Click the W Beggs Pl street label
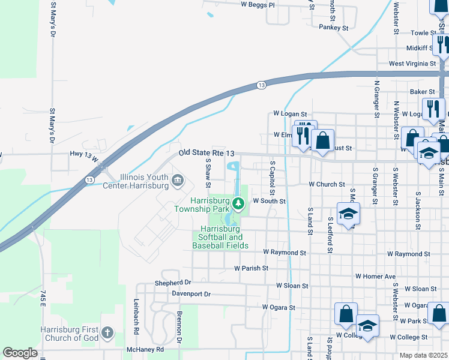pyautogui.click(x=258, y=5)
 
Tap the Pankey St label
pyautogui.click(x=334, y=28)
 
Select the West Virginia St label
pyautogui.click(x=412, y=63)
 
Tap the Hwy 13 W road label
pyautogui.click(x=83, y=154)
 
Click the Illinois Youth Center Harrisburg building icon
pyautogui.click(x=177, y=179)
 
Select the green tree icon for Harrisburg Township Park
pyautogui.click(x=239, y=205)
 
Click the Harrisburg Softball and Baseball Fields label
pyautogui.click(x=224, y=238)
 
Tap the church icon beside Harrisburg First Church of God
pyautogui.click(x=107, y=332)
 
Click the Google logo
pyautogui.click(x=20, y=353)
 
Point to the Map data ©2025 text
pyautogui.click(x=423, y=355)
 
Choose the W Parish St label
pyautogui.click(x=251, y=268)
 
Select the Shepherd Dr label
pyautogui.click(x=172, y=283)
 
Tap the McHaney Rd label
pyautogui.click(x=145, y=349)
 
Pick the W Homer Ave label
pyautogui.click(x=375, y=277)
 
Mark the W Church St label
pyautogui.click(x=327, y=185)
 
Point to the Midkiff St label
pyautogui.click(x=420, y=48)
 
